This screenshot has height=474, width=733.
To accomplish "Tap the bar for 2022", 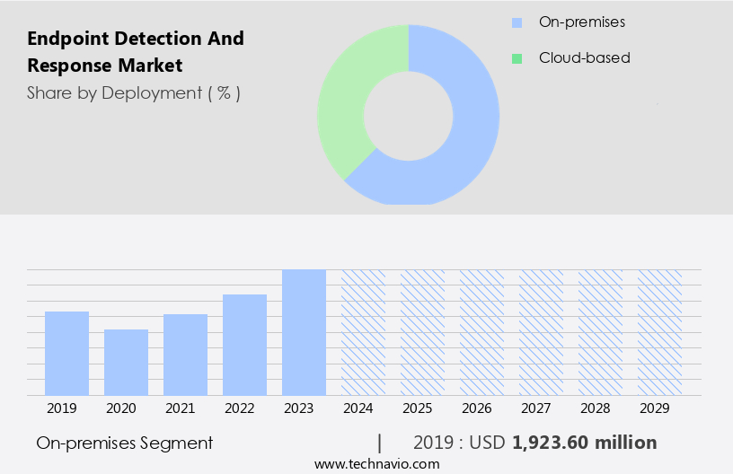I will [244, 345].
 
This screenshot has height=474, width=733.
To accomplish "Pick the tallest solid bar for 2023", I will [304, 332].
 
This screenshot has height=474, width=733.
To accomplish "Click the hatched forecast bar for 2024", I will [363, 332].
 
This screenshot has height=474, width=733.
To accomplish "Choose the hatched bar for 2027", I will [541, 332].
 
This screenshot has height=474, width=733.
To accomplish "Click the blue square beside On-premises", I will [517, 22].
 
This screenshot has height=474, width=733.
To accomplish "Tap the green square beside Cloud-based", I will [517, 58].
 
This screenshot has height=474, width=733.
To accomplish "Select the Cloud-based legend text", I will [584, 58].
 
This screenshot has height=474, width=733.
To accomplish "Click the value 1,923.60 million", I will [584, 443].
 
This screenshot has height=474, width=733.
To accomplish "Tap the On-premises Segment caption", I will [125, 443].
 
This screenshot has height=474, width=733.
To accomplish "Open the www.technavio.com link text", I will [376, 464].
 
